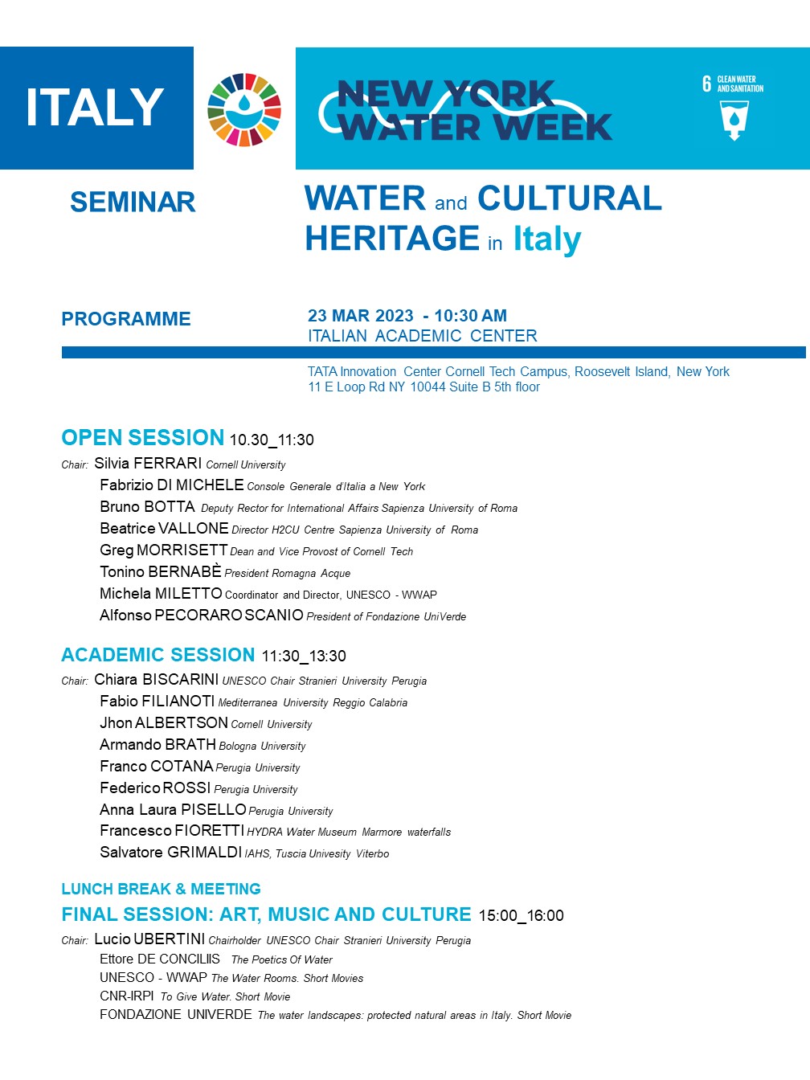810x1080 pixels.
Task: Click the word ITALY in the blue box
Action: (x=95, y=108)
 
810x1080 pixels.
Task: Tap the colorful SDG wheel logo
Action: (x=244, y=109)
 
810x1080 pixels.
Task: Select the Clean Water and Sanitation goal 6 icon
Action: (x=733, y=108)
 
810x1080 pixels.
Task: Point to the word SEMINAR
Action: (x=133, y=202)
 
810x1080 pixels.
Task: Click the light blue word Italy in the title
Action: (x=547, y=239)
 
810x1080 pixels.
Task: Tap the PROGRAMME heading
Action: (x=126, y=319)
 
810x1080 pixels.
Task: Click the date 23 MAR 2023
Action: (x=361, y=316)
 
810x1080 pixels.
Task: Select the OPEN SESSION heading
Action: (x=143, y=438)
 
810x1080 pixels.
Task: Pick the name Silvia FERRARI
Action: (x=148, y=464)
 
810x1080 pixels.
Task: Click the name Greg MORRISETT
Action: (x=164, y=550)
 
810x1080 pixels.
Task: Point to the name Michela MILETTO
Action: (x=161, y=594)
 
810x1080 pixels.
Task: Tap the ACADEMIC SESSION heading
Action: (x=158, y=655)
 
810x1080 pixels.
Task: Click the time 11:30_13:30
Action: (x=304, y=657)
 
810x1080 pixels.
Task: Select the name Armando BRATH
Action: (x=157, y=745)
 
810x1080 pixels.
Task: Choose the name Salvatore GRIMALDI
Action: (x=170, y=853)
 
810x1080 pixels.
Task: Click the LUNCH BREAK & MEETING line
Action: (x=161, y=889)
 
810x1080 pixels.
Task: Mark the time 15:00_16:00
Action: (x=521, y=916)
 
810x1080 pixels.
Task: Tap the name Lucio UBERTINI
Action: (x=149, y=939)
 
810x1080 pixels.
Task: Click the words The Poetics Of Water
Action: (x=281, y=959)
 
